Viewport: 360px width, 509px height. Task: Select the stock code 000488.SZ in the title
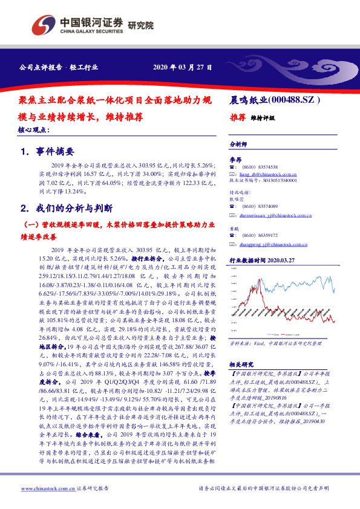pos(292,100)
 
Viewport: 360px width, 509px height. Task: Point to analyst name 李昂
pos(235,158)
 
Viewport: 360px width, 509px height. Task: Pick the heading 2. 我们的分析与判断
pos(67,208)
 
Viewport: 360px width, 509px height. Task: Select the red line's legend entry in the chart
pos(295,334)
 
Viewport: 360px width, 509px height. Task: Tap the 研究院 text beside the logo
pos(140,25)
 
